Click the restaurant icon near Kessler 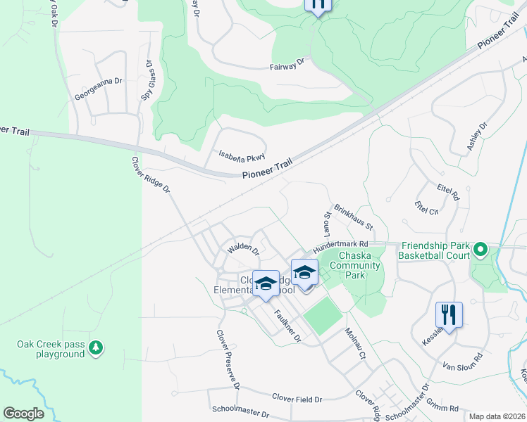click(x=449, y=314)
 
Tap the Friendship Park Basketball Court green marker click(x=480, y=250)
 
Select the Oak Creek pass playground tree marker click(x=96, y=347)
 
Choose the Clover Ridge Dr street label click(x=151, y=175)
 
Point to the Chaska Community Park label click(x=359, y=265)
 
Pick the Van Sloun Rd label click(x=461, y=362)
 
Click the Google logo click(x=23, y=414)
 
